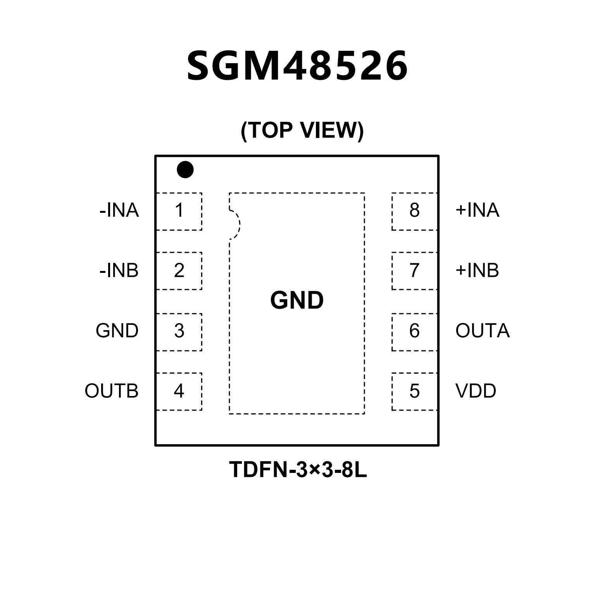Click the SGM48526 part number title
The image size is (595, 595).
(x=297, y=66)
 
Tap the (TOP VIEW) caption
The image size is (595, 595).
(x=302, y=130)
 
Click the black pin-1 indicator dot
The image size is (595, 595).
(x=185, y=169)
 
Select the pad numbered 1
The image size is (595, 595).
(x=179, y=211)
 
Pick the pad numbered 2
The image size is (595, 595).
(x=179, y=271)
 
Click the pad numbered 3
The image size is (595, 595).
(x=179, y=331)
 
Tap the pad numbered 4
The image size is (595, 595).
(x=179, y=391)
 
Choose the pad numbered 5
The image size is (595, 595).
(x=414, y=391)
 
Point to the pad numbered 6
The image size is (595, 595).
(x=414, y=331)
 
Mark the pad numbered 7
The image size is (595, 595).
(x=414, y=271)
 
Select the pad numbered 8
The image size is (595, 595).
(x=414, y=211)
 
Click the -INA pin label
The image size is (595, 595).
(x=119, y=210)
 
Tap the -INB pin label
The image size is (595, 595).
(x=119, y=271)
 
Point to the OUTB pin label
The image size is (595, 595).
(x=112, y=391)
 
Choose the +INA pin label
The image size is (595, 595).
(x=478, y=210)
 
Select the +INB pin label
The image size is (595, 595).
(x=478, y=271)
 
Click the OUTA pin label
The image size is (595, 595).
(x=483, y=331)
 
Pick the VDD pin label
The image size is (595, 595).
(x=476, y=391)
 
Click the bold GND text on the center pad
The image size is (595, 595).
(x=297, y=300)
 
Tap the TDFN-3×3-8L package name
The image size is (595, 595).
(x=298, y=470)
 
